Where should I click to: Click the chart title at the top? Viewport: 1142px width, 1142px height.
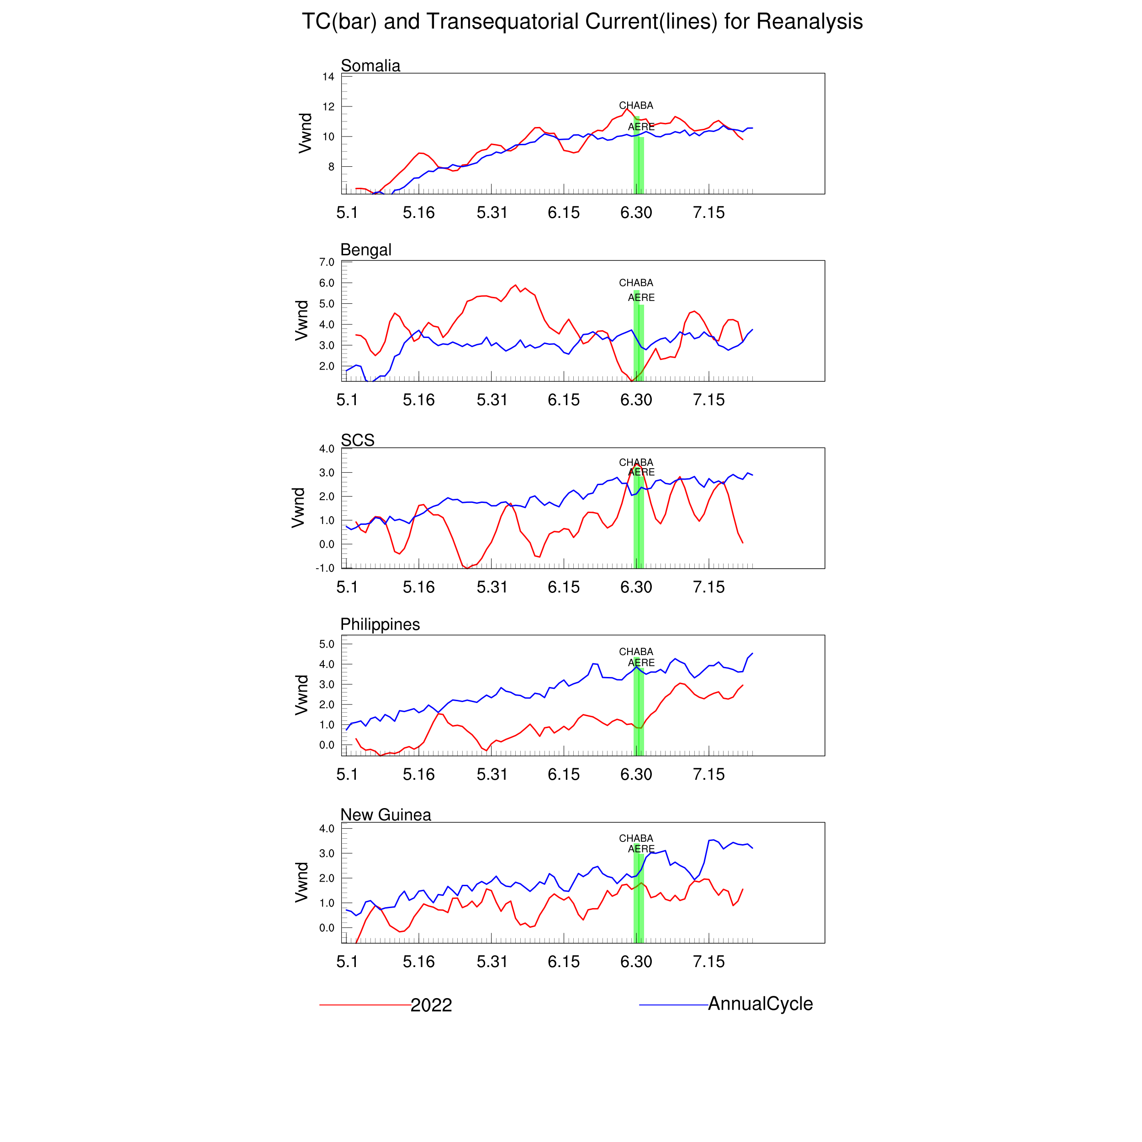click(x=582, y=22)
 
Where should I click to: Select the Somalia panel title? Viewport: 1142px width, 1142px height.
click(x=370, y=66)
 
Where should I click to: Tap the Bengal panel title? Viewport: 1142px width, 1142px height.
click(x=366, y=250)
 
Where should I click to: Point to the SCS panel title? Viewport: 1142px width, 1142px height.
click(x=358, y=440)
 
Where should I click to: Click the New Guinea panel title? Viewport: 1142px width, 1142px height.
click(x=386, y=814)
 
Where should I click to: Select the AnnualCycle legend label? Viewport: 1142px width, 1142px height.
click(x=760, y=1004)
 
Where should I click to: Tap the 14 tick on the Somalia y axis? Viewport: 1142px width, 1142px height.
click(x=328, y=77)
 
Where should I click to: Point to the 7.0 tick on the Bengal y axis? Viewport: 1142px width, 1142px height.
click(x=327, y=262)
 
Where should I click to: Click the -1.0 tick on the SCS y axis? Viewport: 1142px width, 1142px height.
click(x=325, y=568)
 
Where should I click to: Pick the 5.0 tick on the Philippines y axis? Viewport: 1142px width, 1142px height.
click(x=327, y=644)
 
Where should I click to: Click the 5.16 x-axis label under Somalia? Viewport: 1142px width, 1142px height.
click(x=418, y=213)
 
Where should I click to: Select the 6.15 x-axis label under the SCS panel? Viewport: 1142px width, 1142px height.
click(x=564, y=587)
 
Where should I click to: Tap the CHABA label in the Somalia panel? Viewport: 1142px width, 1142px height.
click(x=636, y=105)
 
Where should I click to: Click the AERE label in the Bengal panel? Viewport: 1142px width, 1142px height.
click(x=641, y=297)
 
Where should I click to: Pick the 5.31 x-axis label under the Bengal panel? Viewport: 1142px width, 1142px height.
click(x=492, y=400)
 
